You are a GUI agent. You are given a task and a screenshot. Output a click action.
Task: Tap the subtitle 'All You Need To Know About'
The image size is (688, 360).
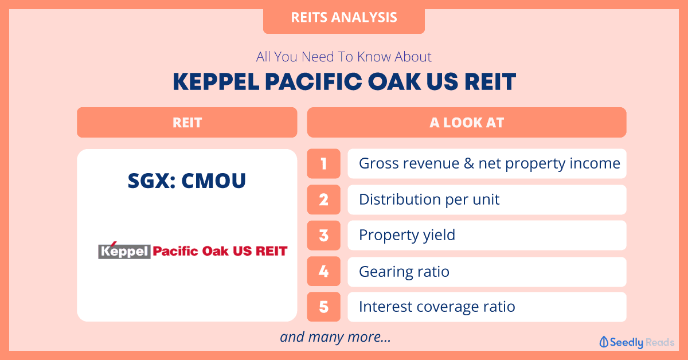click(343, 57)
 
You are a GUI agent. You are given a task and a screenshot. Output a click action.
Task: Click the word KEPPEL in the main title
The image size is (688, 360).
click(216, 82)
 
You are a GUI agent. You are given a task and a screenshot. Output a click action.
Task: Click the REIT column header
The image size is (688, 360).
click(187, 122)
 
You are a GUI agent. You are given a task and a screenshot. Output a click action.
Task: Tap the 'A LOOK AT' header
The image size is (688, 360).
click(467, 122)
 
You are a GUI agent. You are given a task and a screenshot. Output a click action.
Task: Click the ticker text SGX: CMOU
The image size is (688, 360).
click(187, 181)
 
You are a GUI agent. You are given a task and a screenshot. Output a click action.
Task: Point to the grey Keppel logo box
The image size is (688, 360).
click(124, 252)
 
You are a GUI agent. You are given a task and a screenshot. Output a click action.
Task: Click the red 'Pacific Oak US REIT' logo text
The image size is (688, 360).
click(220, 251)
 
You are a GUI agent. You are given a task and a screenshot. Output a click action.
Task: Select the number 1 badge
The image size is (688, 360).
click(324, 164)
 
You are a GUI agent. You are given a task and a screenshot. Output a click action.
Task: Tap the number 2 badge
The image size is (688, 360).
click(324, 199)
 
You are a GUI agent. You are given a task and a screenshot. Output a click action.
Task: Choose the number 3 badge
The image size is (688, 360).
click(324, 236)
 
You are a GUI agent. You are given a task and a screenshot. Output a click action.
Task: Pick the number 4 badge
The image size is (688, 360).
click(324, 271)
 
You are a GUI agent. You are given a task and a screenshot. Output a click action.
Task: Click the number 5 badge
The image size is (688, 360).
click(324, 307)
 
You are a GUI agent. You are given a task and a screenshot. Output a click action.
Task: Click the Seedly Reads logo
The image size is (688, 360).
click(637, 342)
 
